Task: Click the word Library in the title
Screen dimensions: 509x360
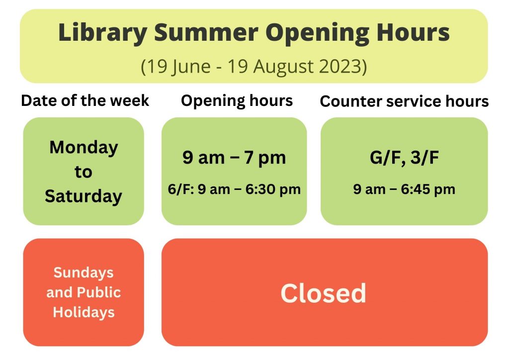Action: pyautogui.click(x=103, y=33)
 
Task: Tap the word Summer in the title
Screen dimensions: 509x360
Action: pyautogui.click(x=206, y=32)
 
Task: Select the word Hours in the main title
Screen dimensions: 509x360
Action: pyautogui.click(x=413, y=32)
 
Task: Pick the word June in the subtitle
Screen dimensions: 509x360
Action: pyautogui.click(x=191, y=67)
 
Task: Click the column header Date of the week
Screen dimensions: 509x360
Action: pyautogui.click(x=85, y=100)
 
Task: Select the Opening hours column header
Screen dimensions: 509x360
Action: pyautogui.click(x=237, y=101)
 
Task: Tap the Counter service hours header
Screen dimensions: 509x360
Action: pyautogui.click(x=404, y=101)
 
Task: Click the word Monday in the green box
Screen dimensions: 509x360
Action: pyautogui.click(x=84, y=148)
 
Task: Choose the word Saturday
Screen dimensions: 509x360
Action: pyautogui.click(x=84, y=196)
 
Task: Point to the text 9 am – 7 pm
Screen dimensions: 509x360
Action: pyautogui.click(x=234, y=158)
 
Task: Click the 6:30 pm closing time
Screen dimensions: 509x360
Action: pyautogui.click(x=273, y=189)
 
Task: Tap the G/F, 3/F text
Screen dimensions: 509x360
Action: pyautogui.click(x=404, y=158)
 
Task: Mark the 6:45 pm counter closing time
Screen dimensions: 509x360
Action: pyautogui.click(x=428, y=189)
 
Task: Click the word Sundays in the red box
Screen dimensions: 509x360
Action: pyautogui.click(x=84, y=272)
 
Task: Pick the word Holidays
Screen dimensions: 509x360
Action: pyautogui.click(x=84, y=312)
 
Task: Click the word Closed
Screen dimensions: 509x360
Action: pyautogui.click(x=323, y=293)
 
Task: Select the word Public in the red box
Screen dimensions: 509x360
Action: pyautogui.click(x=99, y=292)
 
